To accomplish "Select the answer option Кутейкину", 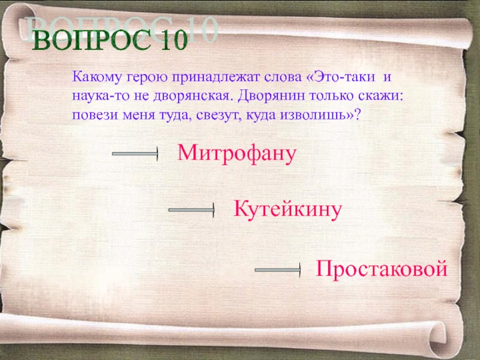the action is click(287, 209).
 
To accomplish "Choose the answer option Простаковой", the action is click(382, 268).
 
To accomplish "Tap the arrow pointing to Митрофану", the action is click(135, 154).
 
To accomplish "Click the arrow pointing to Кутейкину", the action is click(191, 210).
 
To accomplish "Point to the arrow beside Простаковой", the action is click(278, 269).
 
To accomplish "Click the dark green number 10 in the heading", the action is click(173, 40).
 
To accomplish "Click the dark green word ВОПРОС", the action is click(92, 40).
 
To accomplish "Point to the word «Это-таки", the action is click(340, 77).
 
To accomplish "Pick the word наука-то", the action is click(101, 96).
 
